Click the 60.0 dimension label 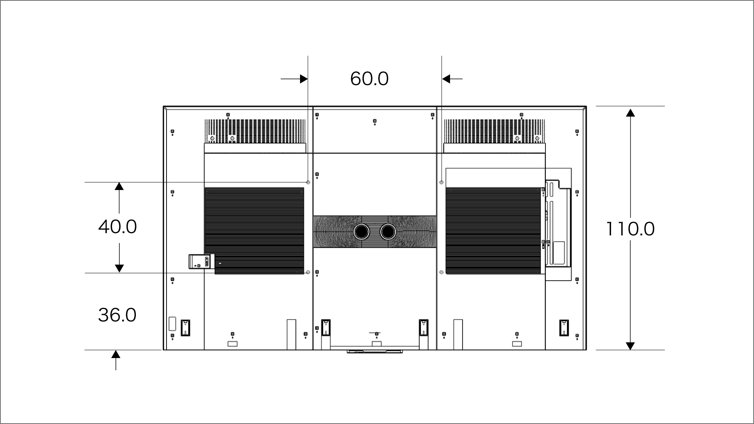[x=369, y=79]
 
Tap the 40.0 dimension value [x=117, y=227]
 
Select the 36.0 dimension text [x=117, y=315]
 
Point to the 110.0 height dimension [x=630, y=229]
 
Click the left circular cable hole [x=361, y=232]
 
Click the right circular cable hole [x=388, y=232]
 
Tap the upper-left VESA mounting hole [x=308, y=182]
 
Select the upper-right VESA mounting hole [x=442, y=182]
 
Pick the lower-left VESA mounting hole [x=308, y=272]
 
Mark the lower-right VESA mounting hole [x=442, y=272]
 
